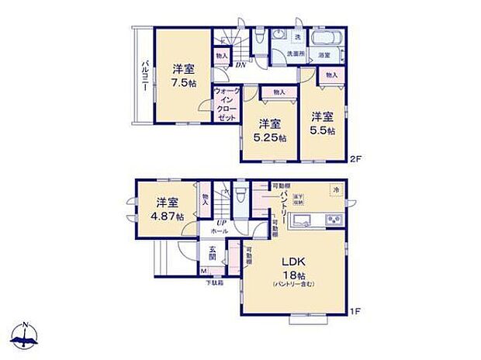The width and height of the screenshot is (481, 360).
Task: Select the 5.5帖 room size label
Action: pyautogui.click(x=323, y=131)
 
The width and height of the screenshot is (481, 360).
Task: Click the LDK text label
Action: pyautogui.click(x=293, y=261)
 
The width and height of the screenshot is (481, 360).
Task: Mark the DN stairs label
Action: pyautogui.click(x=241, y=65)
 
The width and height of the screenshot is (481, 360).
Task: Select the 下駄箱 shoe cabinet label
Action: pyautogui.click(x=213, y=282)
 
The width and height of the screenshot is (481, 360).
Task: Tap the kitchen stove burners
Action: pyautogui.click(x=336, y=220)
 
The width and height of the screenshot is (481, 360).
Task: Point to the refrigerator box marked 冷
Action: pyautogui.click(x=335, y=189)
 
